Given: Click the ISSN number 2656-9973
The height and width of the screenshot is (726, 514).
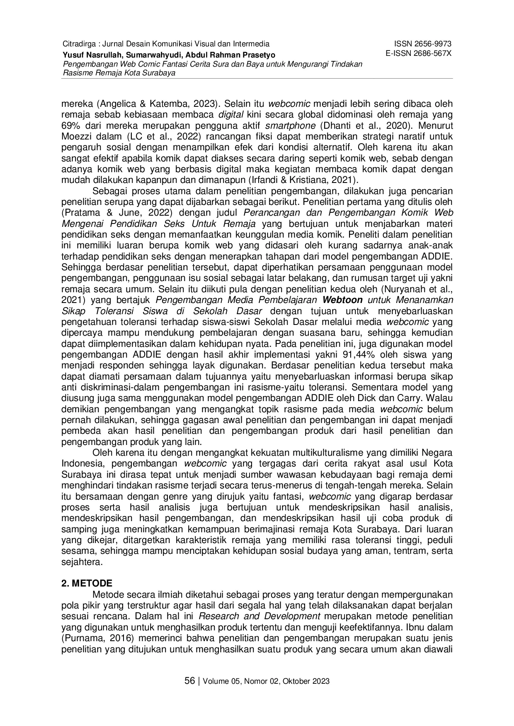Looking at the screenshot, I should pyautogui.click(x=423, y=44).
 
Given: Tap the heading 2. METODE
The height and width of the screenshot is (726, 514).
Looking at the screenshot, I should pyautogui.click(x=87, y=584).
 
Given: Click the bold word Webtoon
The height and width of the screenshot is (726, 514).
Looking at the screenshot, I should pyautogui.click(x=342, y=300).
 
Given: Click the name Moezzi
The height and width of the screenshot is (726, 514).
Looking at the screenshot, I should pyautogui.click(x=75, y=136).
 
